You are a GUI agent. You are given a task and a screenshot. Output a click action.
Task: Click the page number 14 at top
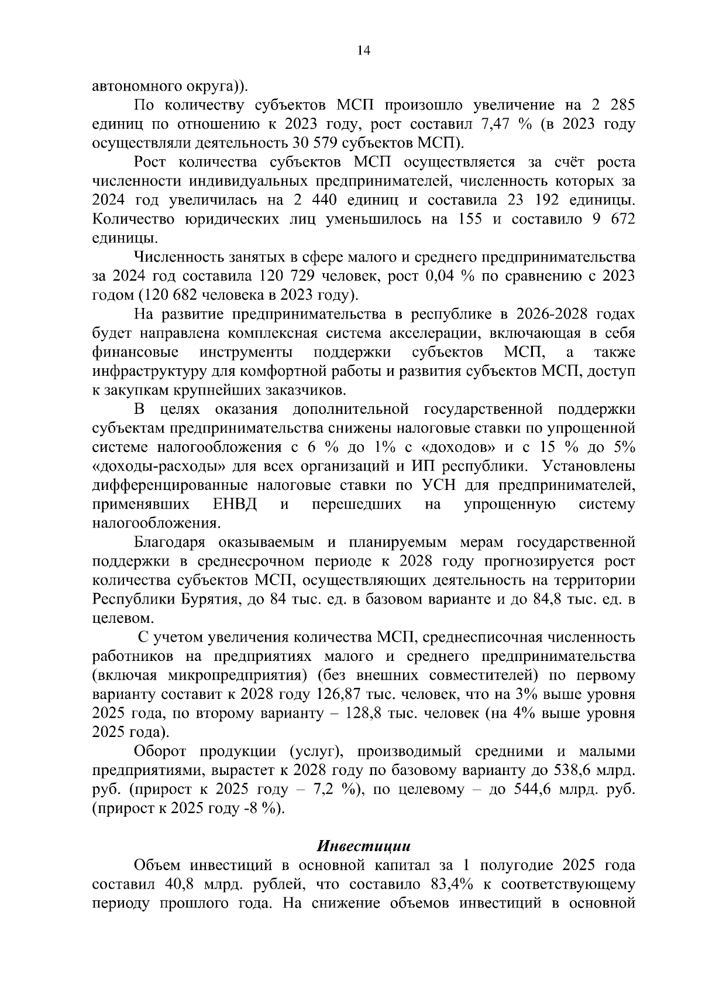click(x=363, y=51)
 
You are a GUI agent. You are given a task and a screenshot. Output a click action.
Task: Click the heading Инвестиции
click(x=363, y=846)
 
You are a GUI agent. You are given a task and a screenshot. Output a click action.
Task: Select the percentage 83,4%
click(x=459, y=884)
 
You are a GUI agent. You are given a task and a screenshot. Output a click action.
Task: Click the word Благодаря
click(x=169, y=542)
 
